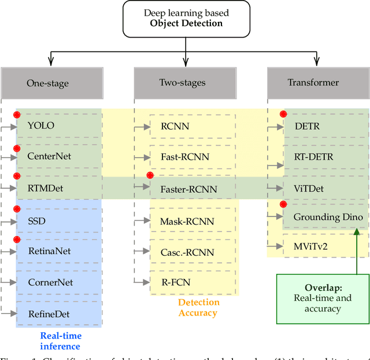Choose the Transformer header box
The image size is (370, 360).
(x=317, y=83)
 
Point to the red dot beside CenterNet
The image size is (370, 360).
(x=17, y=149)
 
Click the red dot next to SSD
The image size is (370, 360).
(x=17, y=208)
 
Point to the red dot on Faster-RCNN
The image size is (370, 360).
(x=150, y=175)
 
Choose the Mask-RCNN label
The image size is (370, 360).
(x=187, y=221)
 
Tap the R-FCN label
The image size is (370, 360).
(x=175, y=282)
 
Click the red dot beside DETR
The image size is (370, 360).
(x=283, y=115)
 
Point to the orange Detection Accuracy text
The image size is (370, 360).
(x=199, y=307)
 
